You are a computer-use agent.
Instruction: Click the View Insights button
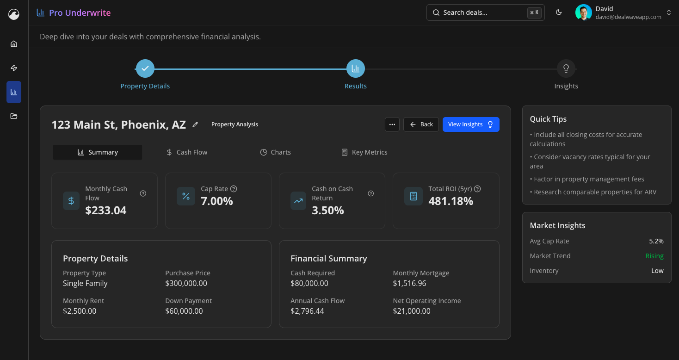[470, 124]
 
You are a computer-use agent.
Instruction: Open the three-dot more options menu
[392, 124]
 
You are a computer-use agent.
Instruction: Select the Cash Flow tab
[187, 152]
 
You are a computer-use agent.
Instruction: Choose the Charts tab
[275, 152]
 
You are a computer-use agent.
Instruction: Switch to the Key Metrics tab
[364, 152]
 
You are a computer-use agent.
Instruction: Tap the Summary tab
[98, 152]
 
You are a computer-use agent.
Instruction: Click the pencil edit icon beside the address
[195, 124]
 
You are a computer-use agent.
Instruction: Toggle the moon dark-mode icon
[559, 12]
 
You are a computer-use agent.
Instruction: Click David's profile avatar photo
[583, 12]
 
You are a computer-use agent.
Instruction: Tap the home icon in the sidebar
[14, 44]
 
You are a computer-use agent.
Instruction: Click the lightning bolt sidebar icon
[14, 68]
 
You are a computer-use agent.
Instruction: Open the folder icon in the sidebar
[14, 116]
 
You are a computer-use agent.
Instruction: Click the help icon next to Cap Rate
[234, 189]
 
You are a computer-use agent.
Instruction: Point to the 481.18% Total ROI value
[451, 201]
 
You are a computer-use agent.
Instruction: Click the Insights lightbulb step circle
[566, 68]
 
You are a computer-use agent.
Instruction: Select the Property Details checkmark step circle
[145, 68]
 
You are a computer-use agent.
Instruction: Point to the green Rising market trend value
[654, 256]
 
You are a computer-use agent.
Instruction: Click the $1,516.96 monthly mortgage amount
[409, 283]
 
